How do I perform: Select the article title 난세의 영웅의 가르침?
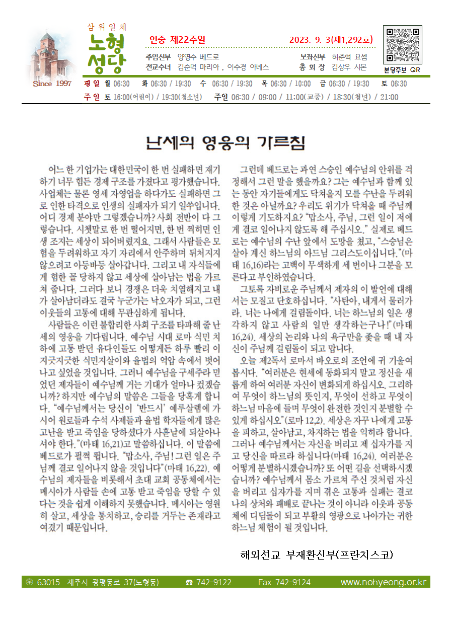(x=225, y=142)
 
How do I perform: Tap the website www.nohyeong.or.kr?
(x=383, y=582)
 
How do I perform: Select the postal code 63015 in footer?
(x=48, y=582)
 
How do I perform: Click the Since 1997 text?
(x=52, y=84)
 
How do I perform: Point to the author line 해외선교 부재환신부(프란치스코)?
(x=316, y=555)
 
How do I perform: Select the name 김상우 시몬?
(x=349, y=67)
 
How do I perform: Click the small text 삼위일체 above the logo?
(x=107, y=26)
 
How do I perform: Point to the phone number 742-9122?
(x=214, y=582)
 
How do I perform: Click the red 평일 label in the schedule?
(x=93, y=84)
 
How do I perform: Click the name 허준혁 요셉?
(x=349, y=57)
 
